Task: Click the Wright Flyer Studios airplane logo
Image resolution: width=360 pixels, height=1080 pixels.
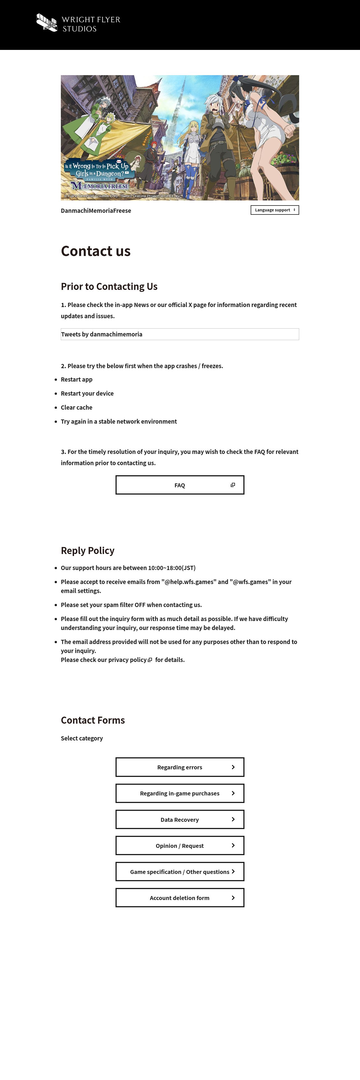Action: [47, 23]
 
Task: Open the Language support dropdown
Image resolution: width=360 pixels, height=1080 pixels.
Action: [274, 210]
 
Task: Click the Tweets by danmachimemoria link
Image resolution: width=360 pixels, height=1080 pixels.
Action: [102, 334]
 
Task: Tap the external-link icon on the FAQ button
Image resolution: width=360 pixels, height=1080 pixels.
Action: [233, 485]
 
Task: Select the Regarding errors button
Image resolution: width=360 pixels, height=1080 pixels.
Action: [180, 767]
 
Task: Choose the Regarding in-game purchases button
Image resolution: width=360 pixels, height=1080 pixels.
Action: [180, 793]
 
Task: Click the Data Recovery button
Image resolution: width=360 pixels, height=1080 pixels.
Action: [180, 820]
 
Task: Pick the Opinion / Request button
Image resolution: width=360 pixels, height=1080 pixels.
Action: [180, 846]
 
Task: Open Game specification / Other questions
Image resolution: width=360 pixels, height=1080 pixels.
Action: [180, 872]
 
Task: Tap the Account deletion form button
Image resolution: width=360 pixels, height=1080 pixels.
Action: [180, 898]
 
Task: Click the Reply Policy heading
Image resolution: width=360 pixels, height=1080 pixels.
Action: [87, 550]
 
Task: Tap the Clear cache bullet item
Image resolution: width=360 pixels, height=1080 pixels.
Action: [77, 407]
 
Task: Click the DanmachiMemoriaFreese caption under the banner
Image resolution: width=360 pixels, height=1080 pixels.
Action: [96, 211]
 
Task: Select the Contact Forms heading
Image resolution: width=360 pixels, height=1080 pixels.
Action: [93, 720]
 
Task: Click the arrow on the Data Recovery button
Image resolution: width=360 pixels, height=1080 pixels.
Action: [233, 819]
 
